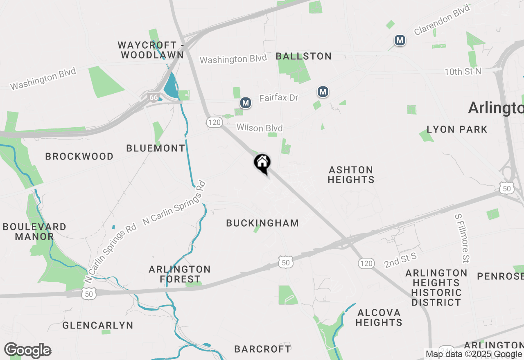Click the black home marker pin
pyautogui.click(x=262, y=163)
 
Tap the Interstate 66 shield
pyautogui.click(x=154, y=97)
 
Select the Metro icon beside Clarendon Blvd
pyautogui.click(x=400, y=40)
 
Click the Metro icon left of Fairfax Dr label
pyautogui.click(x=246, y=103)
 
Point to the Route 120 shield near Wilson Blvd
pyautogui.click(x=214, y=122)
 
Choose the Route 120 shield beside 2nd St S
pyautogui.click(x=366, y=263)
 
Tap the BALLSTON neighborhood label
pyautogui.click(x=304, y=56)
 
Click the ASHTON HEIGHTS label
pyautogui.click(x=351, y=175)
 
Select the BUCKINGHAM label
pyautogui.click(x=262, y=223)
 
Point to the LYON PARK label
pyautogui.click(x=457, y=130)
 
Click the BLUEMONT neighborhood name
pyautogui.click(x=156, y=148)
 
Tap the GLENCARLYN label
pyautogui.click(x=98, y=326)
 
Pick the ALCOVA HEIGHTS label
pyautogui.click(x=379, y=317)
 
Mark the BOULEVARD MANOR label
pyautogui.click(x=34, y=232)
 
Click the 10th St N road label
pyautogui.click(x=463, y=72)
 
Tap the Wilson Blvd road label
pyautogui.click(x=260, y=128)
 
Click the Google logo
pyautogui.click(x=27, y=351)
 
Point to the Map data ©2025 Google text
pyautogui.click(x=474, y=354)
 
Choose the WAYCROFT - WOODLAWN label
pyautogui.click(x=150, y=49)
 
